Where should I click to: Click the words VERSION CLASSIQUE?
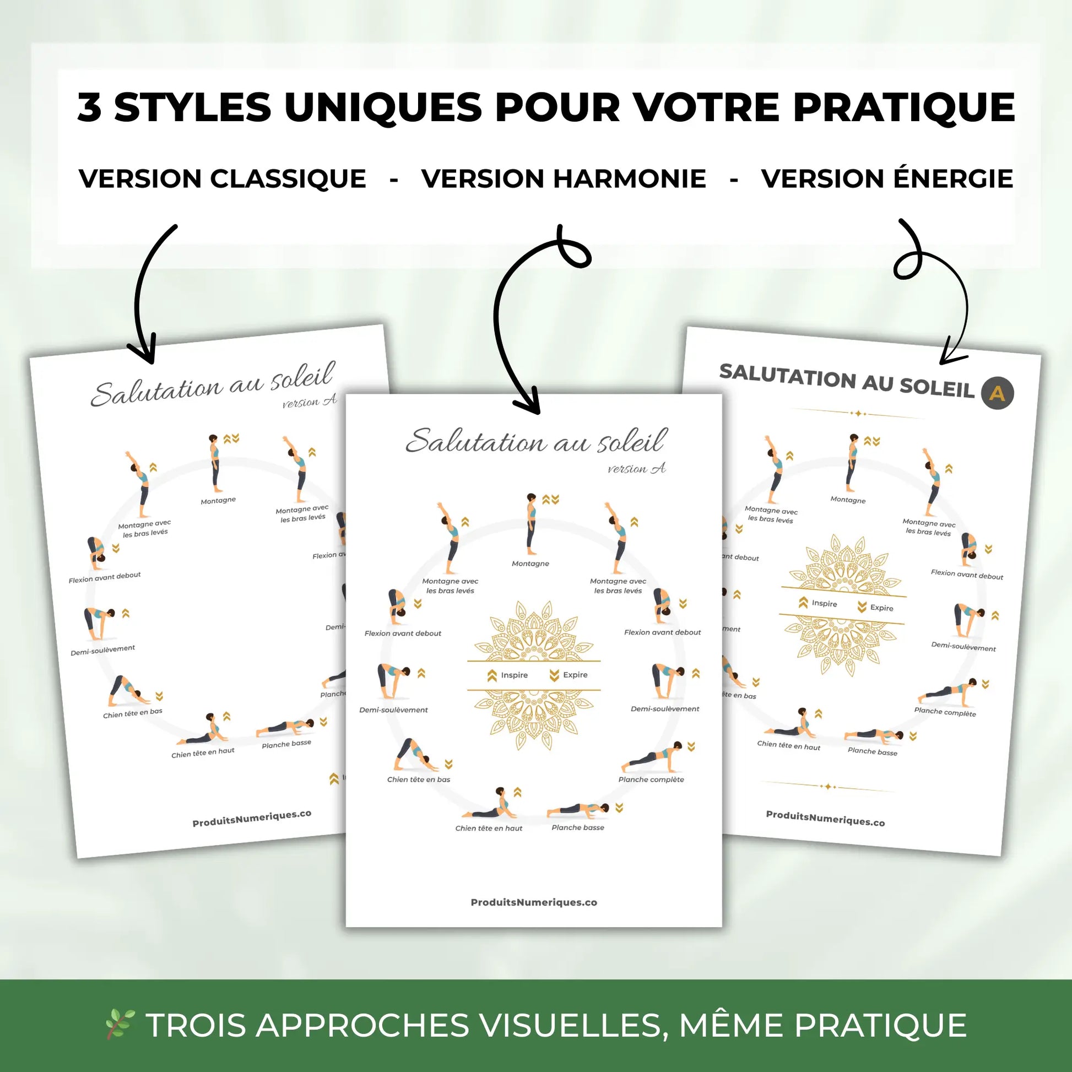pyautogui.click(x=222, y=178)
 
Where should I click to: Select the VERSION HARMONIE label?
pyautogui.click(x=563, y=178)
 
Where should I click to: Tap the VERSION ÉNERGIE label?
pyautogui.click(x=887, y=178)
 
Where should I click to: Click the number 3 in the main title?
pyautogui.click(x=89, y=107)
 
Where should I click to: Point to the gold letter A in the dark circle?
pyautogui.click(x=997, y=393)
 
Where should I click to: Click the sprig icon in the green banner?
pyautogui.click(x=120, y=1024)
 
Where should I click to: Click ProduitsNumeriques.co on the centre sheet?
pyautogui.click(x=534, y=903)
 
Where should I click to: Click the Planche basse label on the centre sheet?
pyautogui.click(x=578, y=827)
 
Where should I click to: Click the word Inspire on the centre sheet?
pyautogui.click(x=514, y=675)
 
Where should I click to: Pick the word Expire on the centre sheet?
pyautogui.click(x=575, y=675)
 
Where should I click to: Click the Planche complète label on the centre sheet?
pyautogui.click(x=651, y=779)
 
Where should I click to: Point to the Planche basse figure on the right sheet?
pyautogui.click(x=873, y=735)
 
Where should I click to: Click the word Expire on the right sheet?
pyautogui.click(x=882, y=608)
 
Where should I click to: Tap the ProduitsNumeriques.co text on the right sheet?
pyautogui.click(x=825, y=819)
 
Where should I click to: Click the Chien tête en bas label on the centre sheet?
pyautogui.click(x=418, y=779)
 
